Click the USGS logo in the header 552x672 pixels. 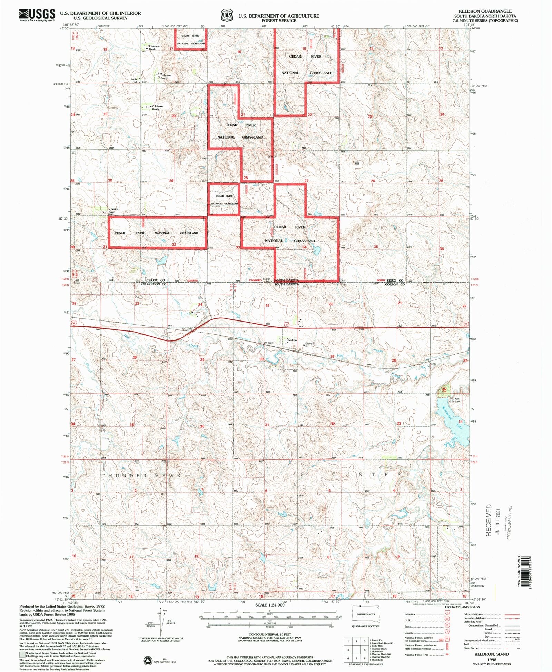click(37, 15)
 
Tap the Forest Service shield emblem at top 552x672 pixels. click(227, 16)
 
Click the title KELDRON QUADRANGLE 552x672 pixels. click(485, 11)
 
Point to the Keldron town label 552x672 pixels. click(292, 340)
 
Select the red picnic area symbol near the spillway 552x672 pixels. click(444, 389)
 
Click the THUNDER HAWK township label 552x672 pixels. click(141, 476)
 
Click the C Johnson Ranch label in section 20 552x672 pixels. click(157, 108)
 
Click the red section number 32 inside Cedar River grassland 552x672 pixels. click(174, 244)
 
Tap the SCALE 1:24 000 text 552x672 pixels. click(270, 605)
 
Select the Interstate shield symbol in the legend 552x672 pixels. click(447, 613)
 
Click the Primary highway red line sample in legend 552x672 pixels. click(512, 614)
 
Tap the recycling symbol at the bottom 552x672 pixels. click(148, 660)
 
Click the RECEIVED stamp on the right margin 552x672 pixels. click(489, 520)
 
